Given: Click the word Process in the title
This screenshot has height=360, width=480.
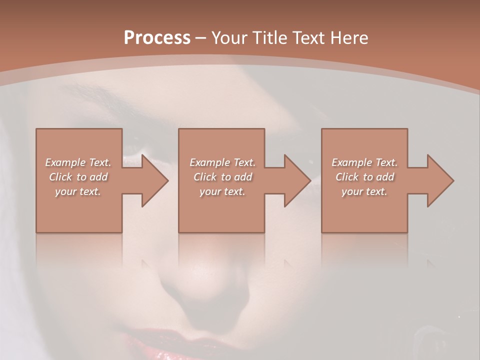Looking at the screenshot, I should pyautogui.click(x=157, y=37).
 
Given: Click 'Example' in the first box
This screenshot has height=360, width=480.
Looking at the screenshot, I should pyautogui.click(x=65, y=162).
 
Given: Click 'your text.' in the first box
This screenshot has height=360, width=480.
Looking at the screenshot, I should pyautogui.click(x=78, y=191).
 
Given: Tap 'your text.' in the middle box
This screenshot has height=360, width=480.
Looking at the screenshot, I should pyautogui.click(x=222, y=191).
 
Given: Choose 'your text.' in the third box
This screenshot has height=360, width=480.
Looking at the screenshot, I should pyautogui.click(x=364, y=191).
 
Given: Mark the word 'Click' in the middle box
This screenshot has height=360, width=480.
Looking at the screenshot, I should pyautogui.click(x=204, y=177).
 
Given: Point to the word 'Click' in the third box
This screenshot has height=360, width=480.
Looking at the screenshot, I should pyautogui.click(x=346, y=177).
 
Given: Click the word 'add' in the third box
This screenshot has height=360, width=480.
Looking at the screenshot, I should pyautogui.click(x=385, y=177).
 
